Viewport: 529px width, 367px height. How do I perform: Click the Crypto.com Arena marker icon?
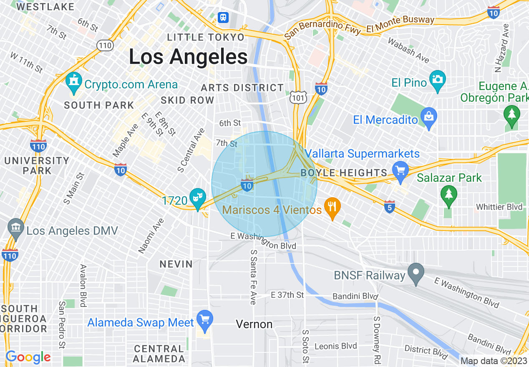tap(74, 83)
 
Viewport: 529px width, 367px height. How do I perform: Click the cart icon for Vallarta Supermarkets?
tap(401, 171)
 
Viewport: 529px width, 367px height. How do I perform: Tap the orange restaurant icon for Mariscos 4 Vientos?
tap(332, 208)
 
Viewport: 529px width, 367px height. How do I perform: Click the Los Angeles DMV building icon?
tap(15, 229)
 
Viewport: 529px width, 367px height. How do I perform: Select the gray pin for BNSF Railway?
tap(416, 274)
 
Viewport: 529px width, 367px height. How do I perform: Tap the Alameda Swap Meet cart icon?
tap(204, 321)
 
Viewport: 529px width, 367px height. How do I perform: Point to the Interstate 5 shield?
tap(389, 206)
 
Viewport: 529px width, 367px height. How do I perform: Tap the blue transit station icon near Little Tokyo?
tap(224, 17)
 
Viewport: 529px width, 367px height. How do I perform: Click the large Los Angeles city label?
tap(188, 56)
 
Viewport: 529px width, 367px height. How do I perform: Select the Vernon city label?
tap(254, 324)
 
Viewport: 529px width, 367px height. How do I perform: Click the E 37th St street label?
tap(287, 295)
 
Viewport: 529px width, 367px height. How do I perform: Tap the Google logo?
tap(28, 357)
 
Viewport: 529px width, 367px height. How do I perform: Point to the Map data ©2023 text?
tap(494, 361)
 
